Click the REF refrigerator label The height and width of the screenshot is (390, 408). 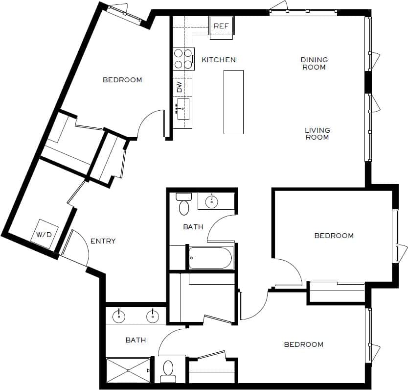[221, 26]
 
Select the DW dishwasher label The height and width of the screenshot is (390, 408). [180, 87]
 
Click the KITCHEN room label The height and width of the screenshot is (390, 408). [219, 60]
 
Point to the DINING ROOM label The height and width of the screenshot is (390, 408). [314, 63]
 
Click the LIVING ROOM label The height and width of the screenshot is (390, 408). [317, 134]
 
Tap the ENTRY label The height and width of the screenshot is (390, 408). [103, 241]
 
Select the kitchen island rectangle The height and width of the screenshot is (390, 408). [233, 101]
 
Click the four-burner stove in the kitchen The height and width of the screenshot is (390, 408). [183, 59]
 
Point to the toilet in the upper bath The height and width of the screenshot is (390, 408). [183, 204]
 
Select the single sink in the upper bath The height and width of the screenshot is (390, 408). [211, 201]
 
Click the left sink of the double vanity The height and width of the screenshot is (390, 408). [119, 316]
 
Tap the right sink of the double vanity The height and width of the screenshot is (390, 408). [153, 316]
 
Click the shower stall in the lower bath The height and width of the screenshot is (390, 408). [128, 370]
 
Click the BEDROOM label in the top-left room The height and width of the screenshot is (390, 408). [122, 80]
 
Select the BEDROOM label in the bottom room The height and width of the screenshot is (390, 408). [303, 344]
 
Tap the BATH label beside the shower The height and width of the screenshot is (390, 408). [136, 340]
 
